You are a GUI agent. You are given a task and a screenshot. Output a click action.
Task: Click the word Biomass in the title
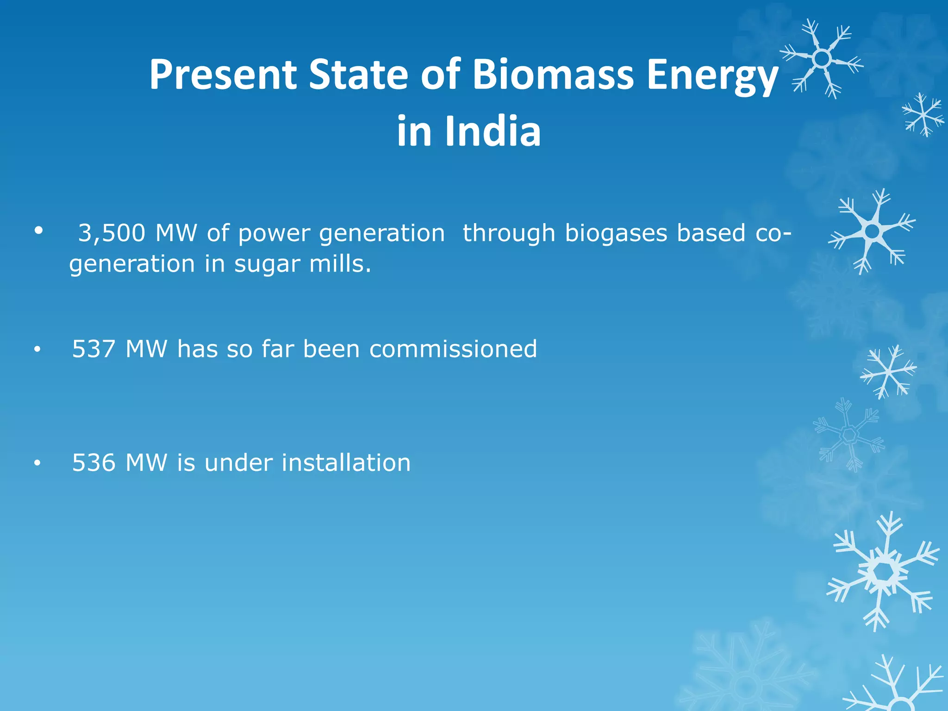(x=553, y=75)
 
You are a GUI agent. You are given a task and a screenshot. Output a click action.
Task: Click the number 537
(x=94, y=349)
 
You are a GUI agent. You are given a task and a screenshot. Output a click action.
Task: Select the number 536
(x=94, y=463)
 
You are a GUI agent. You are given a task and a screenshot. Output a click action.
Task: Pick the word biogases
(x=616, y=233)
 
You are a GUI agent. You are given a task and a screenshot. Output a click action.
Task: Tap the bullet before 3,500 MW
(x=38, y=230)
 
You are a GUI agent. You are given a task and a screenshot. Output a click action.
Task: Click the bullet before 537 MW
(x=37, y=350)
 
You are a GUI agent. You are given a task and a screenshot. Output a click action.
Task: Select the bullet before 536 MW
(x=37, y=464)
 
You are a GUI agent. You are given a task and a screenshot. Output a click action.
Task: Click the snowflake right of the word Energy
(x=822, y=59)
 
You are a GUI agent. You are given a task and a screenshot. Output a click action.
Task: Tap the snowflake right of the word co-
(x=872, y=231)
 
